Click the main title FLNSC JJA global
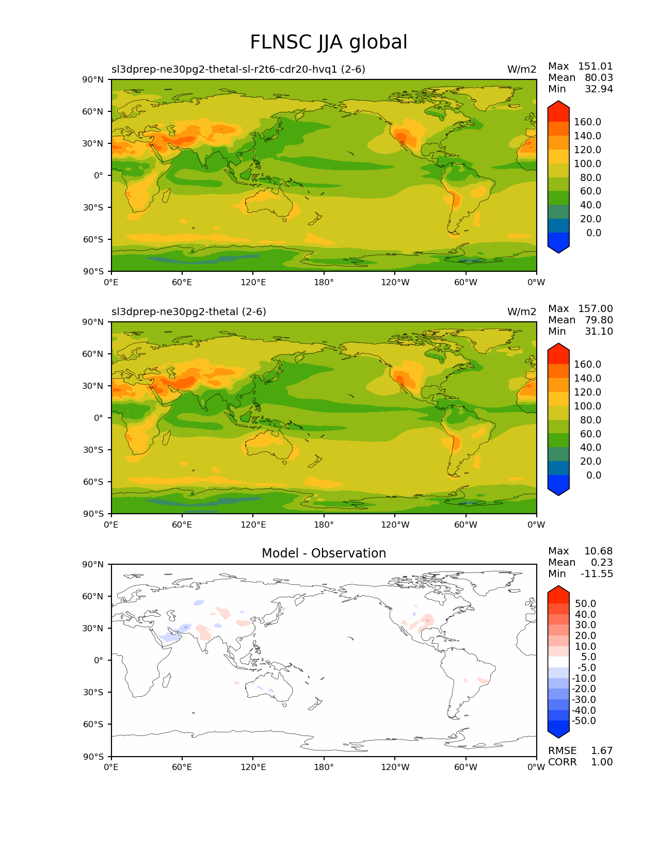coord(328,42)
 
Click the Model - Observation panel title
coord(324,553)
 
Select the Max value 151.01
coord(595,67)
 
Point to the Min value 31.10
coord(599,332)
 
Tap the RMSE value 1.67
coord(602,751)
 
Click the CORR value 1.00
coord(602,762)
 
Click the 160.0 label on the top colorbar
coord(587,122)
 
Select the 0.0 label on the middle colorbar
coord(593,476)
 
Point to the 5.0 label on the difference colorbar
coord(589,657)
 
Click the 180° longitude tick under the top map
coord(324,283)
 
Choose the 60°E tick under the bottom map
coord(182,767)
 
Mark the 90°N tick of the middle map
coord(93,322)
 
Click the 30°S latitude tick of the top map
coord(93,207)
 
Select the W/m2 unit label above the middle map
coord(522,312)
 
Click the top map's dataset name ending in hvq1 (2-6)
coord(238,70)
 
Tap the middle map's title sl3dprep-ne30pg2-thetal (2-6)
coord(189,312)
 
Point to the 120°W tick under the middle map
coord(395,525)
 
